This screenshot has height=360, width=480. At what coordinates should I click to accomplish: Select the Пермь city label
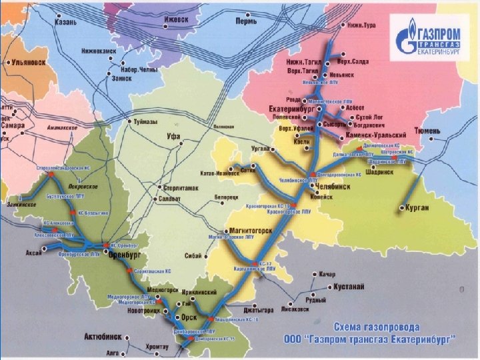pos(249,21)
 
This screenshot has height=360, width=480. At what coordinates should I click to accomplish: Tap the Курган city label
pos(417,209)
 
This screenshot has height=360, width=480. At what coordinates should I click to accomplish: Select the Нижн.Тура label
pos(364,25)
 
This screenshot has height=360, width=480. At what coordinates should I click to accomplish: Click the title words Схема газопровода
pos(377,328)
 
